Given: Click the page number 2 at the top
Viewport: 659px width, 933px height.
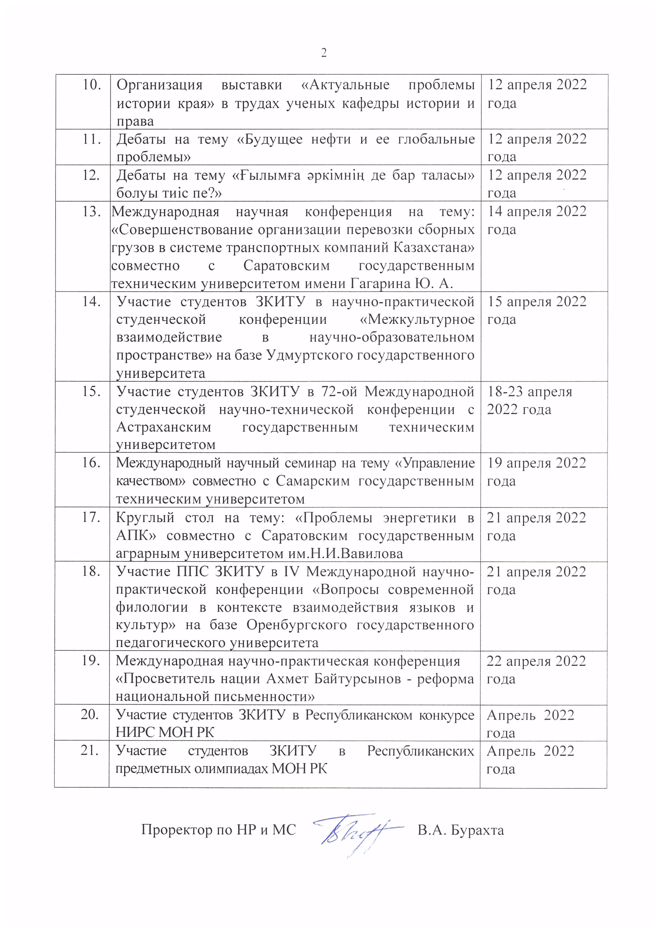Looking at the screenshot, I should coord(324,53).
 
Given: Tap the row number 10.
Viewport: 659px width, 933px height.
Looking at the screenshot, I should coord(91,85).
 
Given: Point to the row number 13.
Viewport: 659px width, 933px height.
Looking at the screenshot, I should coord(91,212).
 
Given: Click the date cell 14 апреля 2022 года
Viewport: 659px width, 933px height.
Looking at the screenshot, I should coord(537,220).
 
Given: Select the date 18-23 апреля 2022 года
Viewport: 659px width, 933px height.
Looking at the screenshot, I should coord(529,400).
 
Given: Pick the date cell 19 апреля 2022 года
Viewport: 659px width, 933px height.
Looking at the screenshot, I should coord(536,472).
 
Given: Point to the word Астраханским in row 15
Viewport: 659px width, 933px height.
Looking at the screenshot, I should coord(163,427).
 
